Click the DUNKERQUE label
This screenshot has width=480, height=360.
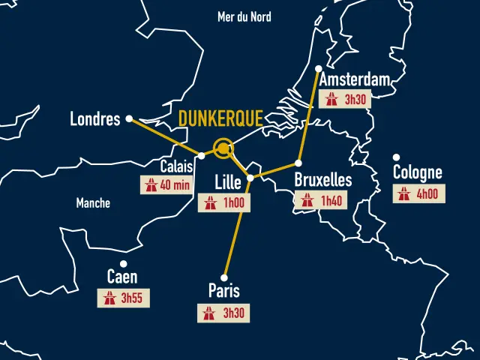coord(220,118)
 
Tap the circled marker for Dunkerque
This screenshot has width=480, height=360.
coord(223,148)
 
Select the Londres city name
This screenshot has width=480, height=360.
coord(95,118)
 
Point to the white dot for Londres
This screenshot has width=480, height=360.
coord(129,118)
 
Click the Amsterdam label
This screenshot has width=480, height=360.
coord(354,80)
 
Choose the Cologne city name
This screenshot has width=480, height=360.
coord(418,173)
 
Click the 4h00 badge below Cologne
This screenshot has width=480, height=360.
coord(418,193)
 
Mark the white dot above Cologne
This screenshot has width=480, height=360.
coord(396,157)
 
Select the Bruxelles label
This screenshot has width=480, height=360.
coord(323,180)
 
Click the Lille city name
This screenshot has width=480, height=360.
coord(228,181)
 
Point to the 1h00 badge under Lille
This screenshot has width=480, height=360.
coord(224,202)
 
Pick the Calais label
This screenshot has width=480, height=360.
coord(177,166)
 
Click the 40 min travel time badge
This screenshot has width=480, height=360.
coord(166,184)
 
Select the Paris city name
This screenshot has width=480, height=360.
coord(224,291)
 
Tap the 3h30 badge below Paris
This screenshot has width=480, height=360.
coord(224,313)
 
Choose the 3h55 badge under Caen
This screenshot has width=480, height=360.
coord(123,298)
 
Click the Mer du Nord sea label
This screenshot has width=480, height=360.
coord(244,16)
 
